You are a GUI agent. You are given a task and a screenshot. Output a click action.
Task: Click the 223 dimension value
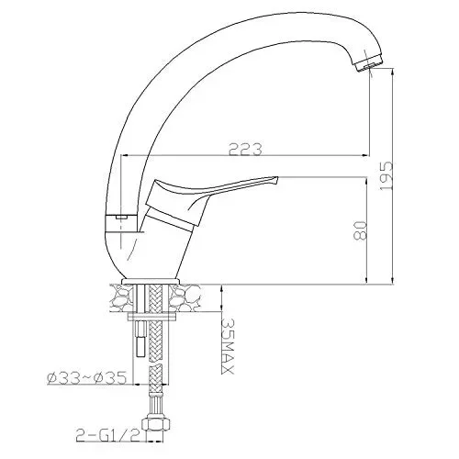pyautogui.click(x=245, y=150)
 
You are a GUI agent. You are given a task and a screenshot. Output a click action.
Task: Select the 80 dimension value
pyautogui.click(x=360, y=230)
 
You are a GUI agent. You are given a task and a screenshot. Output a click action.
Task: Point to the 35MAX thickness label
pyautogui.click(x=228, y=346)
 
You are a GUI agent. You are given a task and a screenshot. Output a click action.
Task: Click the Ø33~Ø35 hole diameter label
pyautogui.click(x=87, y=378)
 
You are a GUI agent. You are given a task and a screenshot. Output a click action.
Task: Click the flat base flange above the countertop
pyautogui.click(x=151, y=281)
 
